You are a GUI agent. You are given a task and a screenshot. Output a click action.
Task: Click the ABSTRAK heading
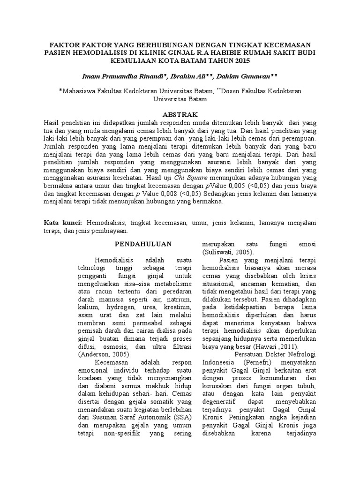coord(180,114)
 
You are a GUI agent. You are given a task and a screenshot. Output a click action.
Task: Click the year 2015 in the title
coord(238,61)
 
